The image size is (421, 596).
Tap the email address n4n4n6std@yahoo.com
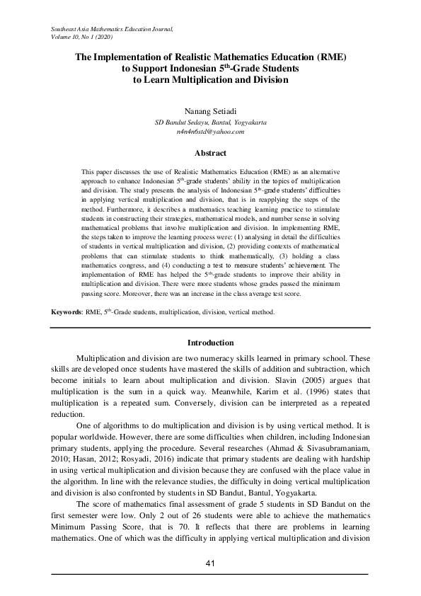[x=210, y=132]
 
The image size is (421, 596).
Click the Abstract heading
[x=210, y=153]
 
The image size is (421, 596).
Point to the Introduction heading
[x=210, y=343]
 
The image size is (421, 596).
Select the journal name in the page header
[x=112, y=27]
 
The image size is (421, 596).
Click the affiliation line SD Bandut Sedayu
[x=210, y=122]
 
